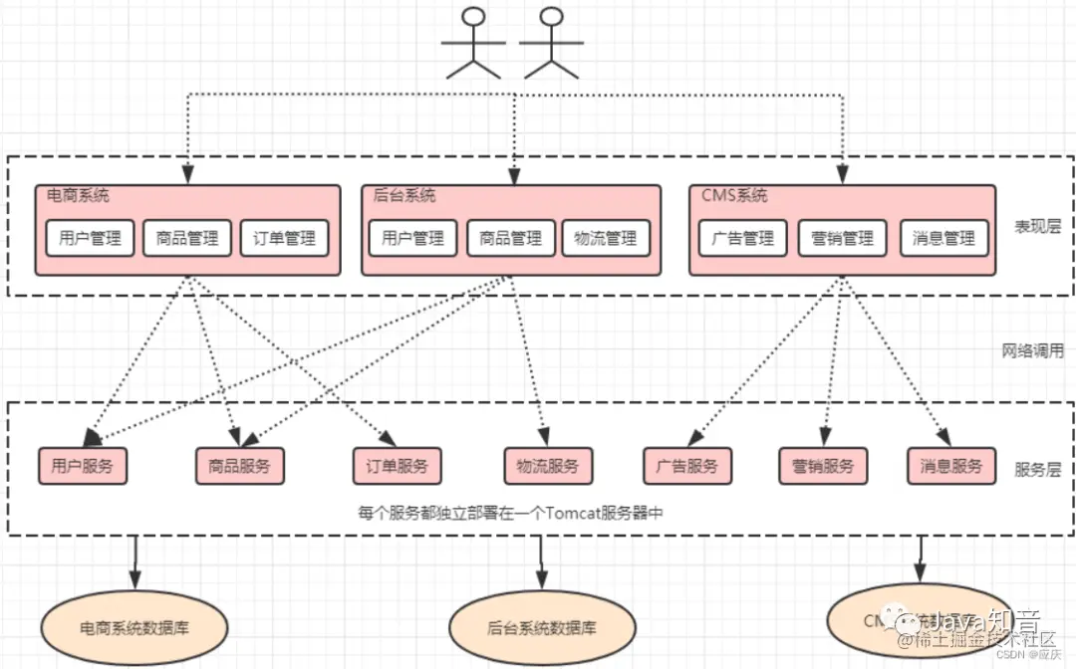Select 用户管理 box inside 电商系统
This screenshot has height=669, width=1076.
tap(90, 238)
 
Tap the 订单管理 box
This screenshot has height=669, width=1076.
tap(284, 238)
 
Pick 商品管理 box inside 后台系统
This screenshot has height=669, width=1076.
tap(511, 238)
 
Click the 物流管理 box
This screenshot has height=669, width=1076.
tap(606, 238)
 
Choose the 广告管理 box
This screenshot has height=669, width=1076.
tap(743, 238)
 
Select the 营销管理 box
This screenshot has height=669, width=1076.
tap(842, 238)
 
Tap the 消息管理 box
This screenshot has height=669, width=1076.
tap(944, 238)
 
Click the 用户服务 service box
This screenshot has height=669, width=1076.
tap(83, 465)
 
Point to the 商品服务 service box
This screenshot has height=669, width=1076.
tap(239, 465)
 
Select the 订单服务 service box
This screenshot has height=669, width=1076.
tap(397, 465)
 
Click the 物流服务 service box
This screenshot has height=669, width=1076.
tap(548, 465)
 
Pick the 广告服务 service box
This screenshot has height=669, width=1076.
tap(687, 465)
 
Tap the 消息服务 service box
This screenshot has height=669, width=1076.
tap(951, 465)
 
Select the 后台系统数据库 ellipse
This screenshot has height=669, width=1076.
tap(542, 628)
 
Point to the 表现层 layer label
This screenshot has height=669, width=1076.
tap(1037, 226)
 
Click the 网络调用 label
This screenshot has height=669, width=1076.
tap(1032, 350)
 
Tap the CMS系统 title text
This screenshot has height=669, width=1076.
tap(734, 196)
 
